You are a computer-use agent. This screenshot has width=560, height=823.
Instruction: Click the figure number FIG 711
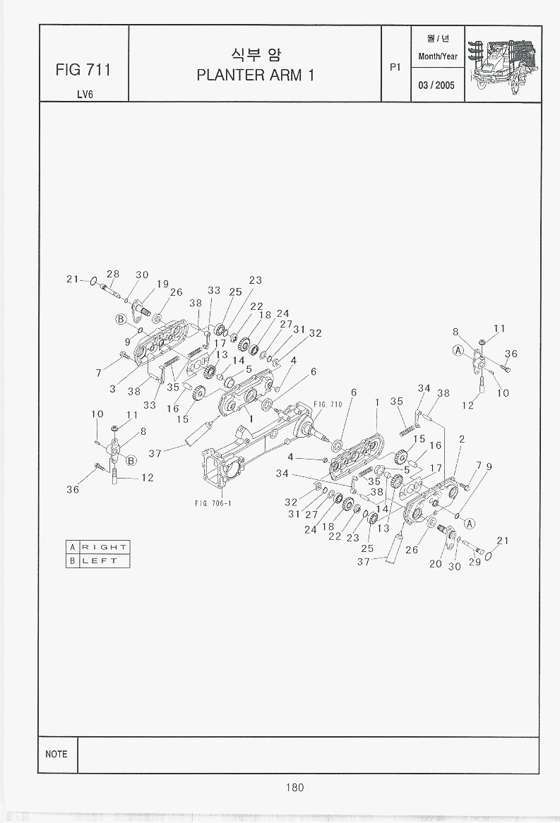click(83, 70)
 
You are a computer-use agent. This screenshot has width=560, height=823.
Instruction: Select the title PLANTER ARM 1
click(255, 76)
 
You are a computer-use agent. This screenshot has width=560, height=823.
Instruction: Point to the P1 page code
click(395, 67)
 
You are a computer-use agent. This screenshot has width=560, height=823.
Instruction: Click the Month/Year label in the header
click(438, 56)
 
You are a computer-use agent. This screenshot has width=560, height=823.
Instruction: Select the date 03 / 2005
click(437, 85)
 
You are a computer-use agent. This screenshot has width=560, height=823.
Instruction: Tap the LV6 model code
click(84, 95)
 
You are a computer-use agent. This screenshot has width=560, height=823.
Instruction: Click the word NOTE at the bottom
click(56, 754)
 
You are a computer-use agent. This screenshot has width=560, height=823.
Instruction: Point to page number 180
click(295, 788)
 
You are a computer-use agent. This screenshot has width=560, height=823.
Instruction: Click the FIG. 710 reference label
click(328, 404)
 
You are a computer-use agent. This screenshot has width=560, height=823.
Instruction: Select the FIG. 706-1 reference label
click(213, 503)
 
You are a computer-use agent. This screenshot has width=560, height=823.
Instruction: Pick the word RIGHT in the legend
click(104, 547)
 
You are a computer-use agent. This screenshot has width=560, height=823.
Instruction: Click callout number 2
click(461, 439)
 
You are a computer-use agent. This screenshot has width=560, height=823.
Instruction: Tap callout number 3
click(112, 389)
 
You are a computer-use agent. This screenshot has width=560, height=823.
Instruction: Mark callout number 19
click(162, 284)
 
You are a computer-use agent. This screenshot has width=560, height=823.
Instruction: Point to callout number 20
click(436, 563)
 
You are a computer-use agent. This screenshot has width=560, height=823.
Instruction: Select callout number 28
click(113, 274)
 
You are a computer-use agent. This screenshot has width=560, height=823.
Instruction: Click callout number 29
click(474, 562)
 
